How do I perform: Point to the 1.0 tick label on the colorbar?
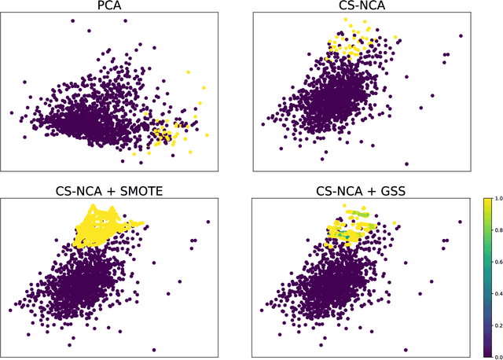coord(494,200)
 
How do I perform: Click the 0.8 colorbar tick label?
coord(494,230)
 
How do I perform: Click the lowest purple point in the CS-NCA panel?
coord(406,163)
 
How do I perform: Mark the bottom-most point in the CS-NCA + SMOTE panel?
coord(153,350)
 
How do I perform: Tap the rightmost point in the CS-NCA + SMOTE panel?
coord(208,222)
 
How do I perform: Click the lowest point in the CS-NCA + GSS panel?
coord(406,349)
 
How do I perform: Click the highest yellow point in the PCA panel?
coord(188,72)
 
